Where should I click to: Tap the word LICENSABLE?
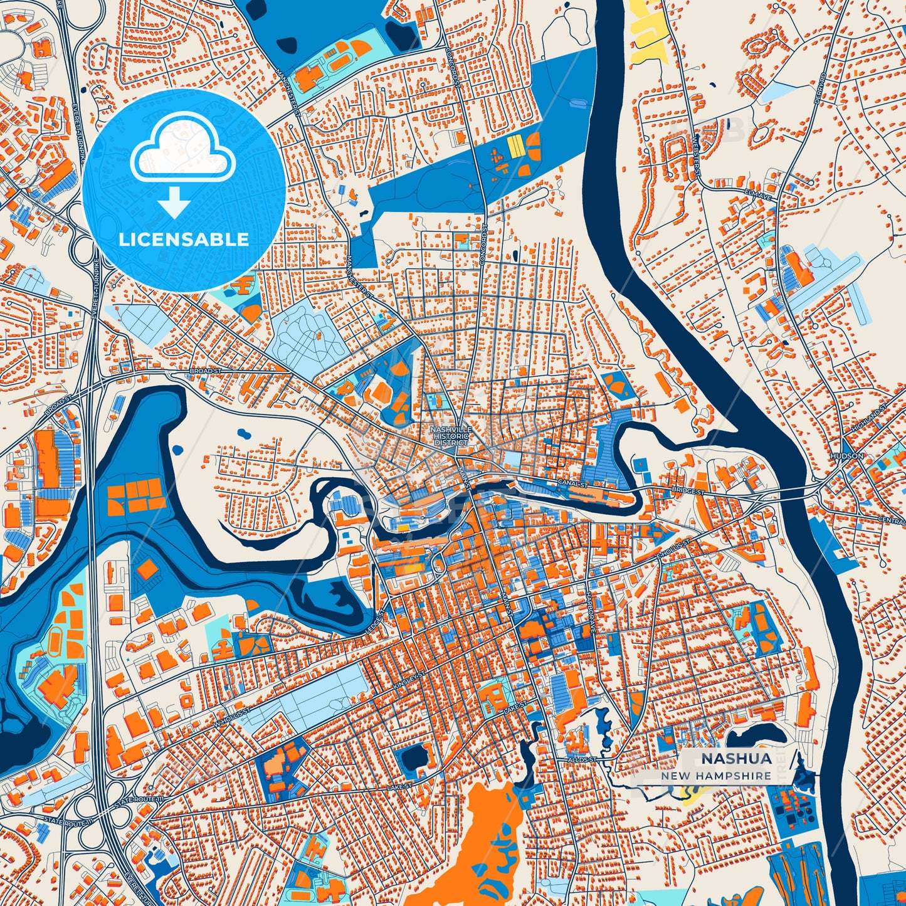coord(184,239)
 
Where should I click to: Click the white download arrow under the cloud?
coord(174,202)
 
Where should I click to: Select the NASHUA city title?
coord(736,758)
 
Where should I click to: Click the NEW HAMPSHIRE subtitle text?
coord(716,776)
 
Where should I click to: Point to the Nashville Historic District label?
coord(450,436)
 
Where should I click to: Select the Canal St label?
coord(573,485)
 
